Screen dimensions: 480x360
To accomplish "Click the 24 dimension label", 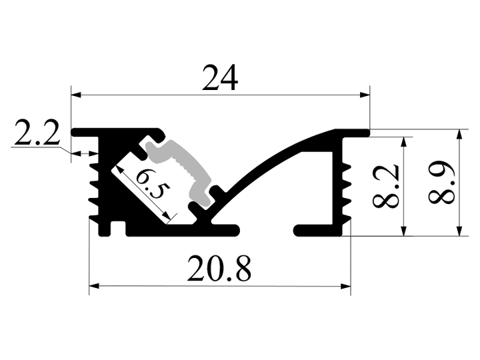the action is pos(220,78).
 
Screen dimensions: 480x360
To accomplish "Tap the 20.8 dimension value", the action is pos(219,269).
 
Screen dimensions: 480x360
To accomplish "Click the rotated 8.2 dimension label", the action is pos(386,186).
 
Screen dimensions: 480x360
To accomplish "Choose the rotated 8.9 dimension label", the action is pos(441,182).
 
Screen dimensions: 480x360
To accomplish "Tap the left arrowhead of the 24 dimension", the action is pos(76,95).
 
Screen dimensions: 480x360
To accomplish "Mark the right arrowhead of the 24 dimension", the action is pos(365,95).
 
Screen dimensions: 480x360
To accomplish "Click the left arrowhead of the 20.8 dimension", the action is pos(94,286).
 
